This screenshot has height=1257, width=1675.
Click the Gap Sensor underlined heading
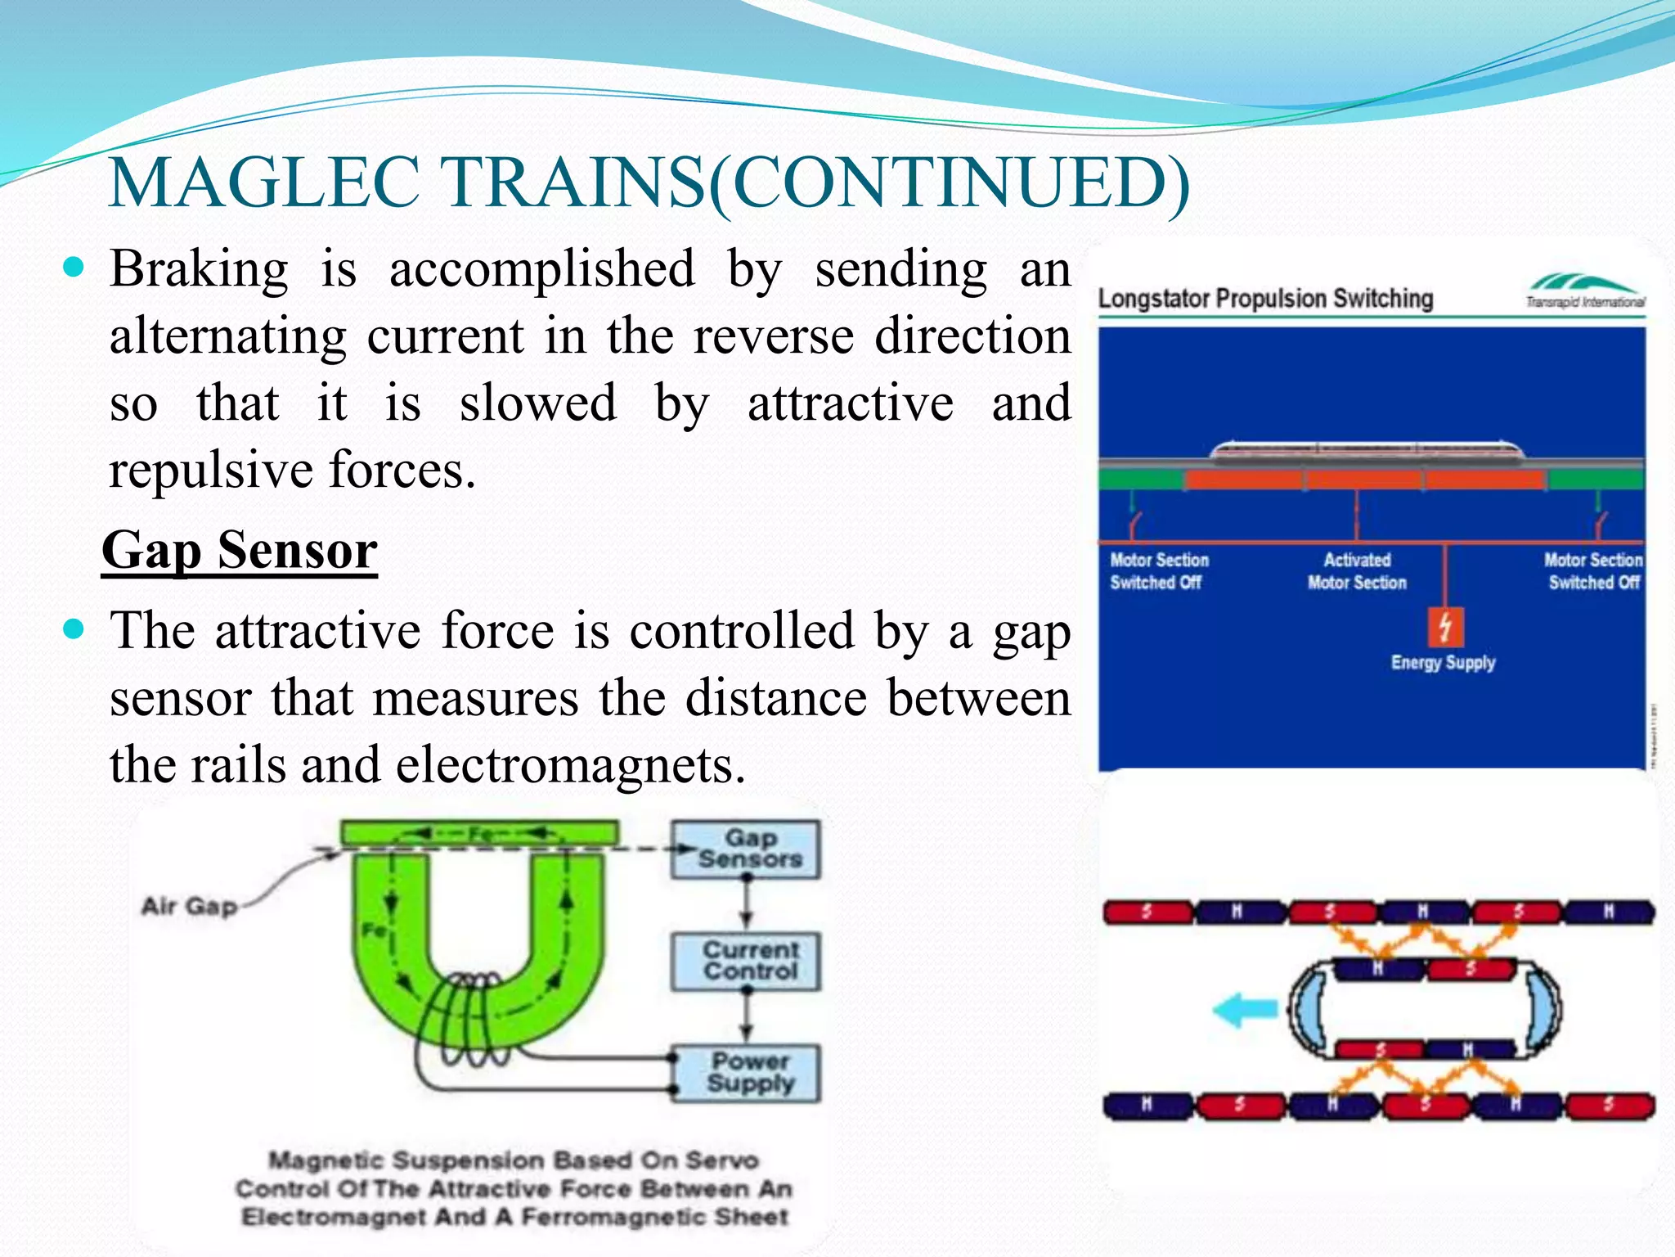(x=239, y=550)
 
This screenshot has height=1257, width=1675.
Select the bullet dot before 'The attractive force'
(x=74, y=629)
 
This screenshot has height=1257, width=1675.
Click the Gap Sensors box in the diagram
(x=745, y=849)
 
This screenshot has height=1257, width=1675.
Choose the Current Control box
(x=745, y=962)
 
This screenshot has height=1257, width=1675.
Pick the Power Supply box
(x=747, y=1073)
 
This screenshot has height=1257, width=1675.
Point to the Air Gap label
(x=189, y=907)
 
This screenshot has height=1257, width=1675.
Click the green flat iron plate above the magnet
(x=479, y=834)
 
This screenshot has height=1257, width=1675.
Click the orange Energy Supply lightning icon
(x=1445, y=628)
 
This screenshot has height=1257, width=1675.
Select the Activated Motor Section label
(x=1357, y=571)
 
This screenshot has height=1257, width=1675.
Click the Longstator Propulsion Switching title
(x=1264, y=299)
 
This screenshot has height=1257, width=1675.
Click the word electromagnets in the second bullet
(x=570, y=765)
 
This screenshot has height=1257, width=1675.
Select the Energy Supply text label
(x=1443, y=663)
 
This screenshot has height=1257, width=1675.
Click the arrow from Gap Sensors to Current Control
(x=746, y=906)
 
